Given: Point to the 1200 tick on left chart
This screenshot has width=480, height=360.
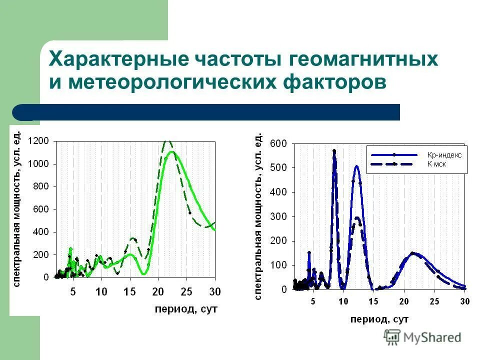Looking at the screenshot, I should click(38, 141).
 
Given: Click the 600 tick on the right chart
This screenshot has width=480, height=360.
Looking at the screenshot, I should click(278, 143).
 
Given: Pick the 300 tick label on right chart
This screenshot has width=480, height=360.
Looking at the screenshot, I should click(278, 216).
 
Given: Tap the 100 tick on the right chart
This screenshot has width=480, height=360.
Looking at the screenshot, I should click(278, 265).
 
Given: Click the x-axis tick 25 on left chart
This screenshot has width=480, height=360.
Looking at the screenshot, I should click(186, 291).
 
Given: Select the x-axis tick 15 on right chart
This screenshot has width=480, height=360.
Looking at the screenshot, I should click(373, 301).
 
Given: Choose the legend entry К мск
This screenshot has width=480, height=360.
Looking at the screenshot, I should click(436, 163).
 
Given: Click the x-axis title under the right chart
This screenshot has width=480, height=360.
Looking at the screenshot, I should click(379, 318).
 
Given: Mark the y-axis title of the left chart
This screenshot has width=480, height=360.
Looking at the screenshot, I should click(16, 208).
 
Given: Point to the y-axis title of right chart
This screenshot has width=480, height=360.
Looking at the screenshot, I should click(258, 216).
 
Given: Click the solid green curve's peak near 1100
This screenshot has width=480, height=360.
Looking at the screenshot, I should click(171, 151).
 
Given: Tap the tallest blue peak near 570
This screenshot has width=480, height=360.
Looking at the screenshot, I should click(334, 150).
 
